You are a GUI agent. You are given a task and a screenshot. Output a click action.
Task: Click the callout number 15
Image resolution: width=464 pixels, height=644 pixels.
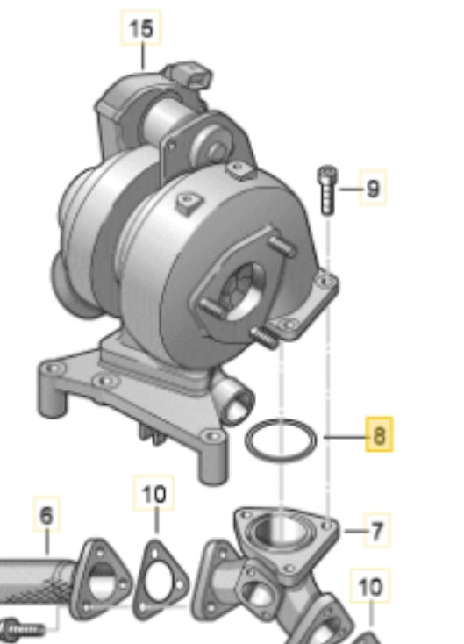point(140,30)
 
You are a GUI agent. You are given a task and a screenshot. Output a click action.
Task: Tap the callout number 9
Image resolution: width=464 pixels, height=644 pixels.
point(373,188)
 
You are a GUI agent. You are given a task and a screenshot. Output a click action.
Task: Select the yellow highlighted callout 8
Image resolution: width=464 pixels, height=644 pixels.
point(379,434)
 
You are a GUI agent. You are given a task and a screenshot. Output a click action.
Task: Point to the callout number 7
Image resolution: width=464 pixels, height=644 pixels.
point(377,531)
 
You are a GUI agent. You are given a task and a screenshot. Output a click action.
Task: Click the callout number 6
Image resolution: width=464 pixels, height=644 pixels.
point(46,516)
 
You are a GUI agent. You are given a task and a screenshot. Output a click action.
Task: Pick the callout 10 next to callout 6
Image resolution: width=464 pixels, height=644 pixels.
point(153,495)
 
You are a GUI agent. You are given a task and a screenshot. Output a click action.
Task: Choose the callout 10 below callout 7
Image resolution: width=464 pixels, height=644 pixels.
point(371,586)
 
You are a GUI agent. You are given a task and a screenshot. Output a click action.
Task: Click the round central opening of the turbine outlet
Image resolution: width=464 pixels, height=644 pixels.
point(239,294)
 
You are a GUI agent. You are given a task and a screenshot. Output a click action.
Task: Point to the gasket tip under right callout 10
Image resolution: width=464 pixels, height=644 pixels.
point(368,636)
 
